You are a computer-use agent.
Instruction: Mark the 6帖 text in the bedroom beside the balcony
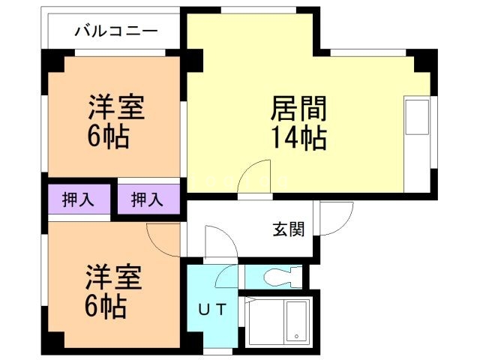tap(109, 137)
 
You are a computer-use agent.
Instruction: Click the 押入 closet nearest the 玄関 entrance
tap(147, 200)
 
